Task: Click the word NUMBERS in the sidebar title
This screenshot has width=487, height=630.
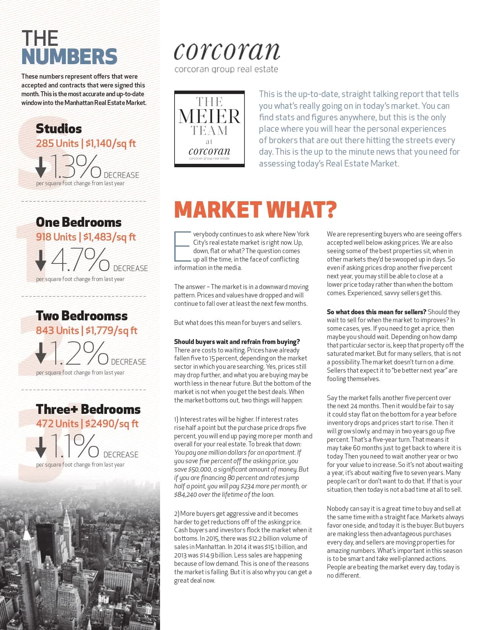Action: click(69, 57)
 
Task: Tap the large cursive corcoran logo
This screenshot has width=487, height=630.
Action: click(227, 52)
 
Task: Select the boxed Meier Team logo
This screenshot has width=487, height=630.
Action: click(209, 129)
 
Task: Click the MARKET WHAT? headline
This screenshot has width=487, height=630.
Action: click(255, 210)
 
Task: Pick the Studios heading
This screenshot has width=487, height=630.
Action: click(59, 129)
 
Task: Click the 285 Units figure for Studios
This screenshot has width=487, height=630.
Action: click(57, 144)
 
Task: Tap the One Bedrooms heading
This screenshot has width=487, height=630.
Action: click(79, 222)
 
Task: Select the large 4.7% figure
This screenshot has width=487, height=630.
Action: click(80, 260)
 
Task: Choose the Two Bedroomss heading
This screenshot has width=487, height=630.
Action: click(82, 316)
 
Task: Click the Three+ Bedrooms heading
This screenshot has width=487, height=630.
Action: click(88, 409)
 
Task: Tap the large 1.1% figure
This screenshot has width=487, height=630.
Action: click(75, 446)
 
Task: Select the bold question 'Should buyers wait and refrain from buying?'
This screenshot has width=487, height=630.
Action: click(237, 342)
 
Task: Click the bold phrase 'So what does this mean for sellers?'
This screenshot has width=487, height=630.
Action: click(376, 312)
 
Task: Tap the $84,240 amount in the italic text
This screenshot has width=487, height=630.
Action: click(187, 494)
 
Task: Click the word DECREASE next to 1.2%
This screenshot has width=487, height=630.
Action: click(128, 362)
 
